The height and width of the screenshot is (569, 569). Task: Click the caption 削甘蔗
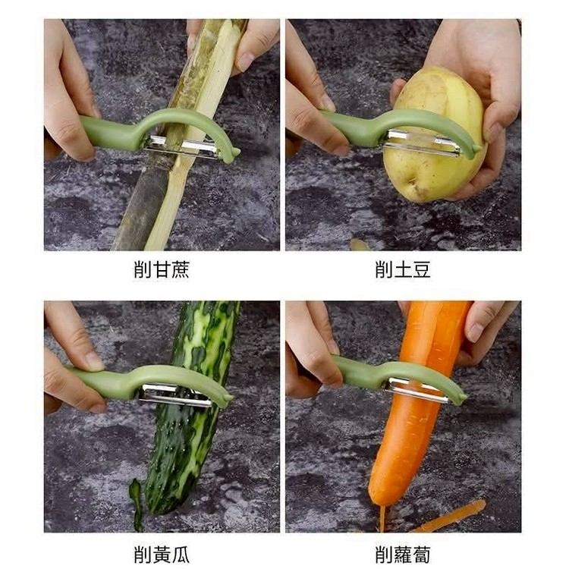(x=162, y=269)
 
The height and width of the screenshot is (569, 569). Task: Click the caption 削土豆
(x=403, y=269)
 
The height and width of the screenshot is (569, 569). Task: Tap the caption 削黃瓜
(x=162, y=555)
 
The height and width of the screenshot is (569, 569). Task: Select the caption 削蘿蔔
(x=403, y=555)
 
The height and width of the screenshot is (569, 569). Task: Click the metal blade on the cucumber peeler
(x=175, y=395)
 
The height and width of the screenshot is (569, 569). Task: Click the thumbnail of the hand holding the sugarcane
(x=246, y=61)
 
